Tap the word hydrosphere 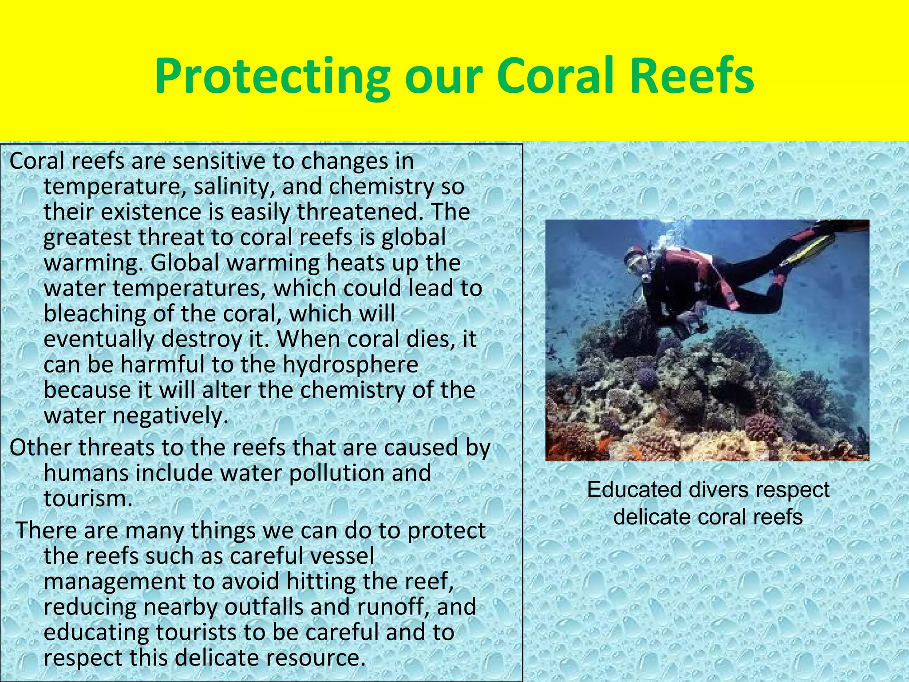350,365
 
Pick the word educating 96,632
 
